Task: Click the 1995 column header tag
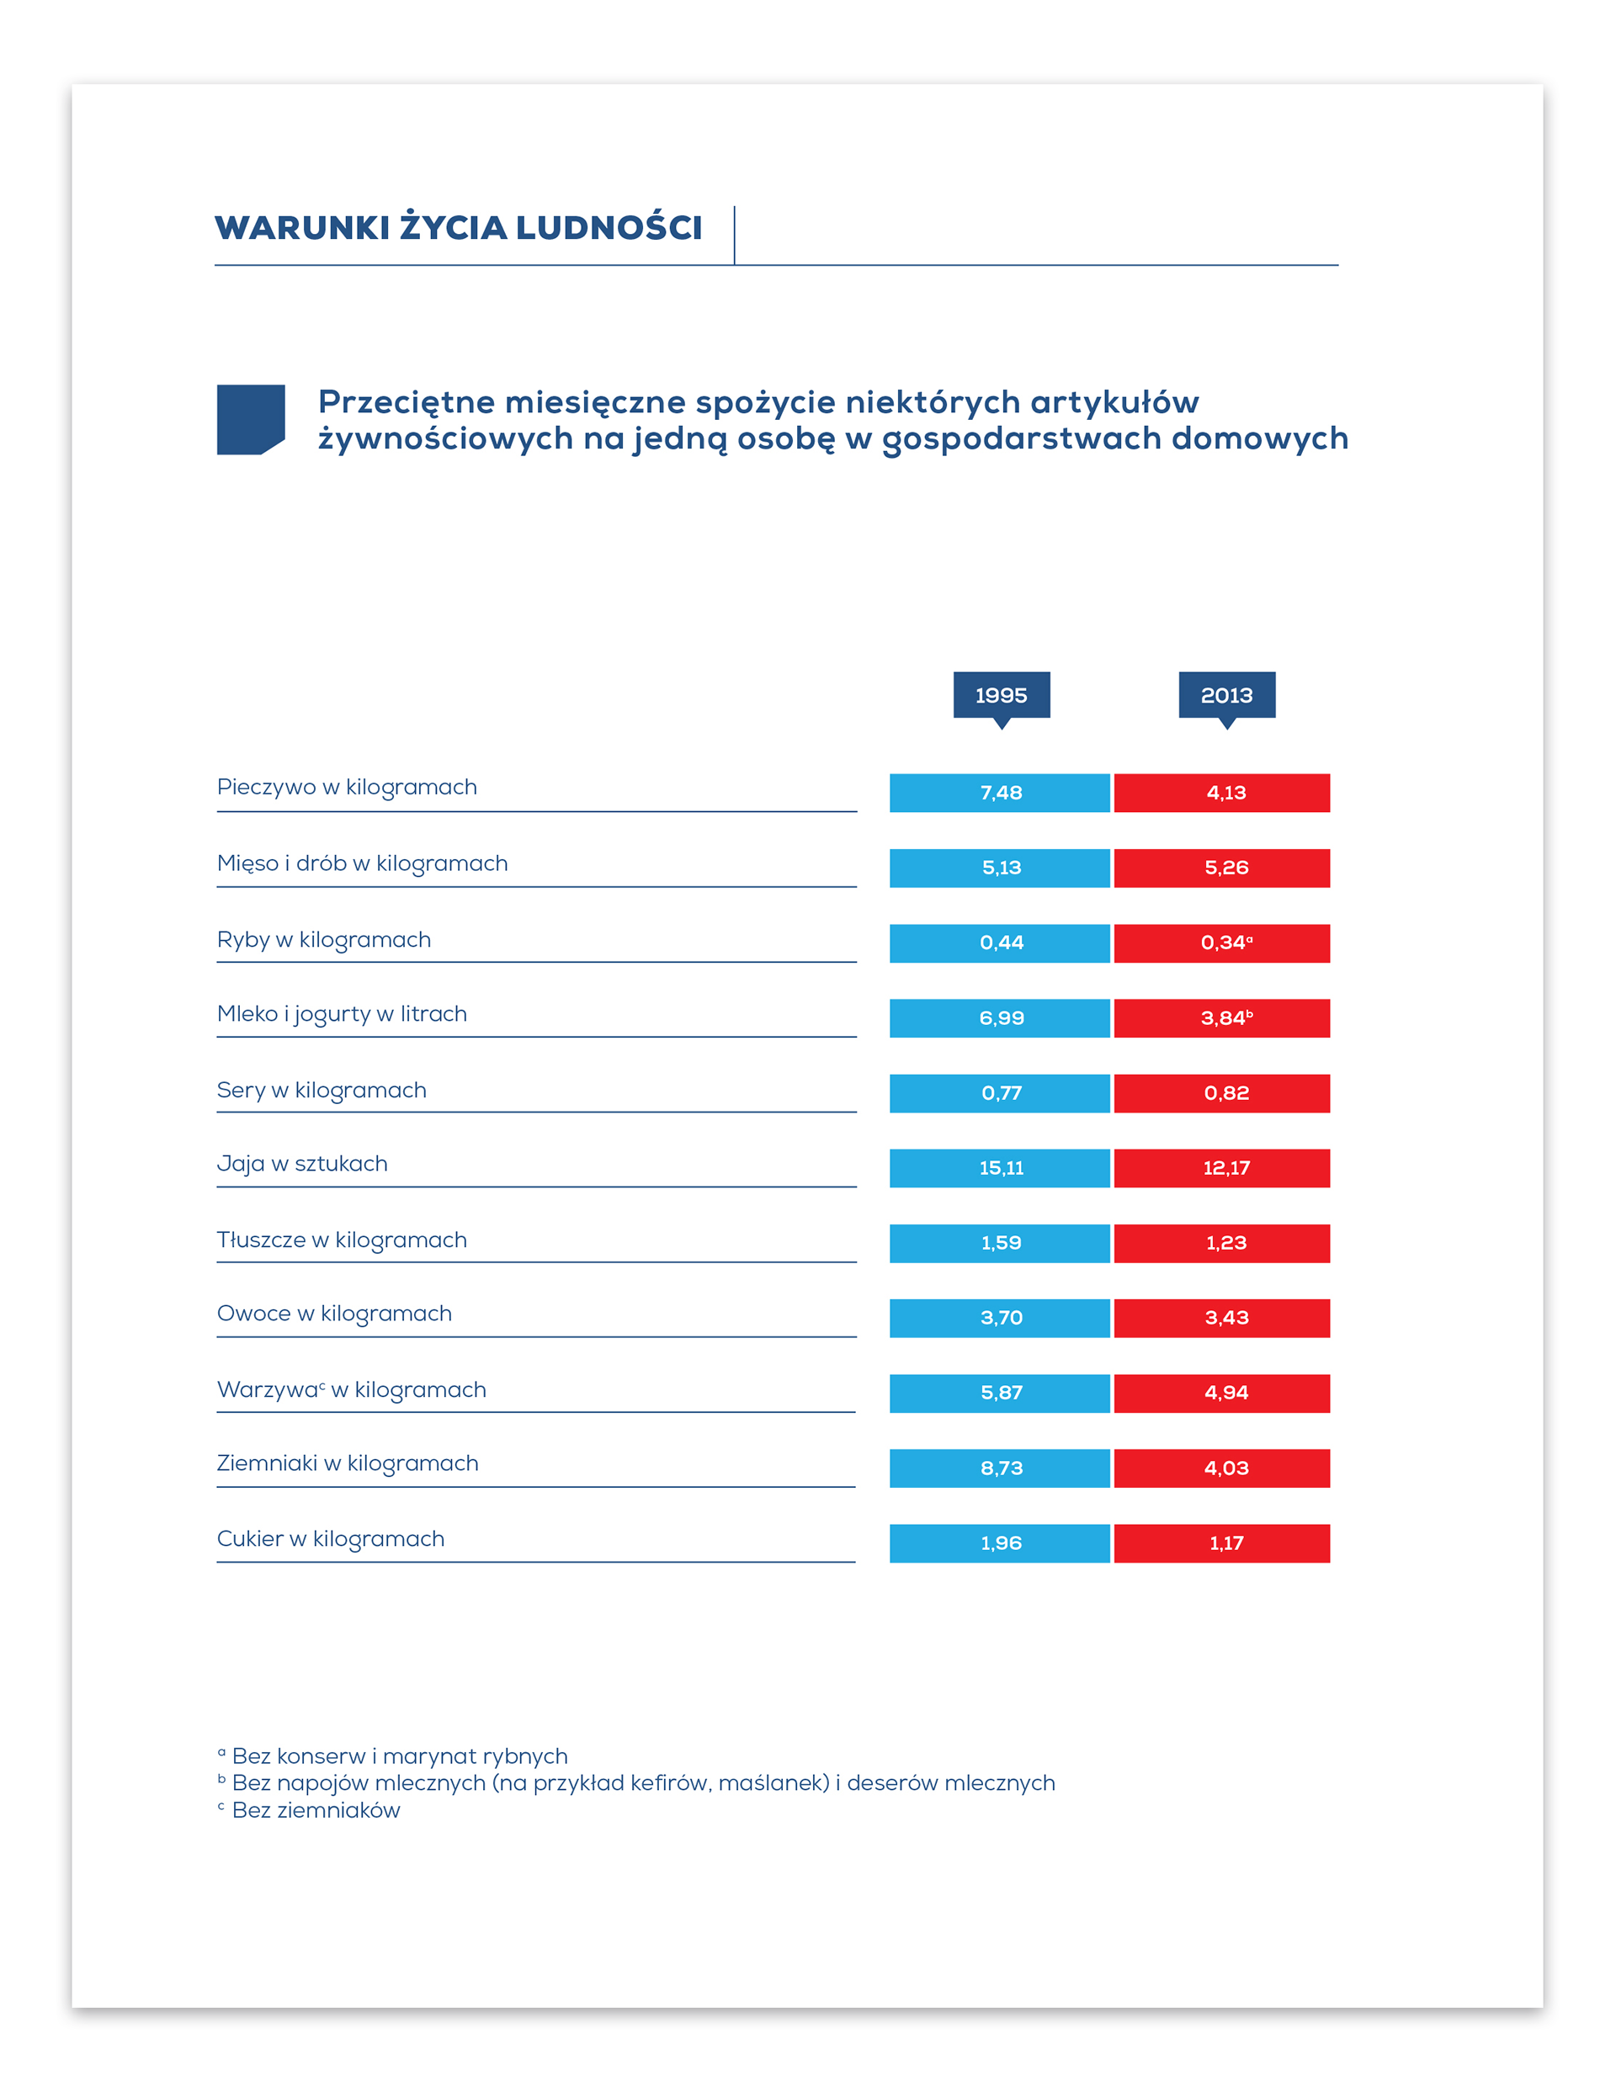tap(1001, 697)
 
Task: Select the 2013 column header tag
tap(1226, 697)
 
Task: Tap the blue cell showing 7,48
tap(999, 793)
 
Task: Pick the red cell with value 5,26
tap(1221, 868)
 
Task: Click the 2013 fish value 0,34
tap(1221, 942)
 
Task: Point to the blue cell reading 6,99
tap(999, 1018)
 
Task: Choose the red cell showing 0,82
tap(1221, 1093)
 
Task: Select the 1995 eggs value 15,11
tap(999, 1168)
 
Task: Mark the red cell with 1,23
tap(1221, 1243)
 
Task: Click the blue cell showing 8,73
tap(999, 1468)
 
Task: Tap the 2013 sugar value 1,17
tap(1221, 1543)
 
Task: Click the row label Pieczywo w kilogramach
tap(347, 788)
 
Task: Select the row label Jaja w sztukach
tap(303, 1164)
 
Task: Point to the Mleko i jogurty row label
tap(342, 1014)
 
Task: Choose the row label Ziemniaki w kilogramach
tap(348, 1463)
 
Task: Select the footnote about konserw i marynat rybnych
tap(393, 1755)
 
